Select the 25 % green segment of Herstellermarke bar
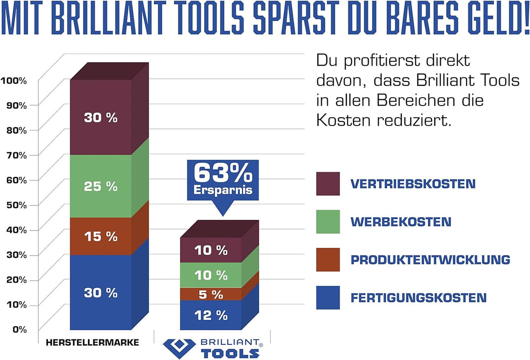tap(101, 186)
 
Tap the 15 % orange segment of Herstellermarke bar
tap(101, 236)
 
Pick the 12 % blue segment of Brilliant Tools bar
tap(211, 315)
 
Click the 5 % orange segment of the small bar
tap(211, 294)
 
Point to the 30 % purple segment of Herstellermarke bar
tap(101, 118)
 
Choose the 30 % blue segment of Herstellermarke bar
tap(101, 293)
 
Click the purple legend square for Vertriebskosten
tap(328, 184)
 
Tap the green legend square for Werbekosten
tap(328, 222)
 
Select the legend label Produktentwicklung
tap(430, 259)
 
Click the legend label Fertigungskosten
tap(418, 297)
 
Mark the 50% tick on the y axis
tap(16, 205)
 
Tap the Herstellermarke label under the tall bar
tap(92, 343)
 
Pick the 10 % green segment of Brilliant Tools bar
tap(211, 275)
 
